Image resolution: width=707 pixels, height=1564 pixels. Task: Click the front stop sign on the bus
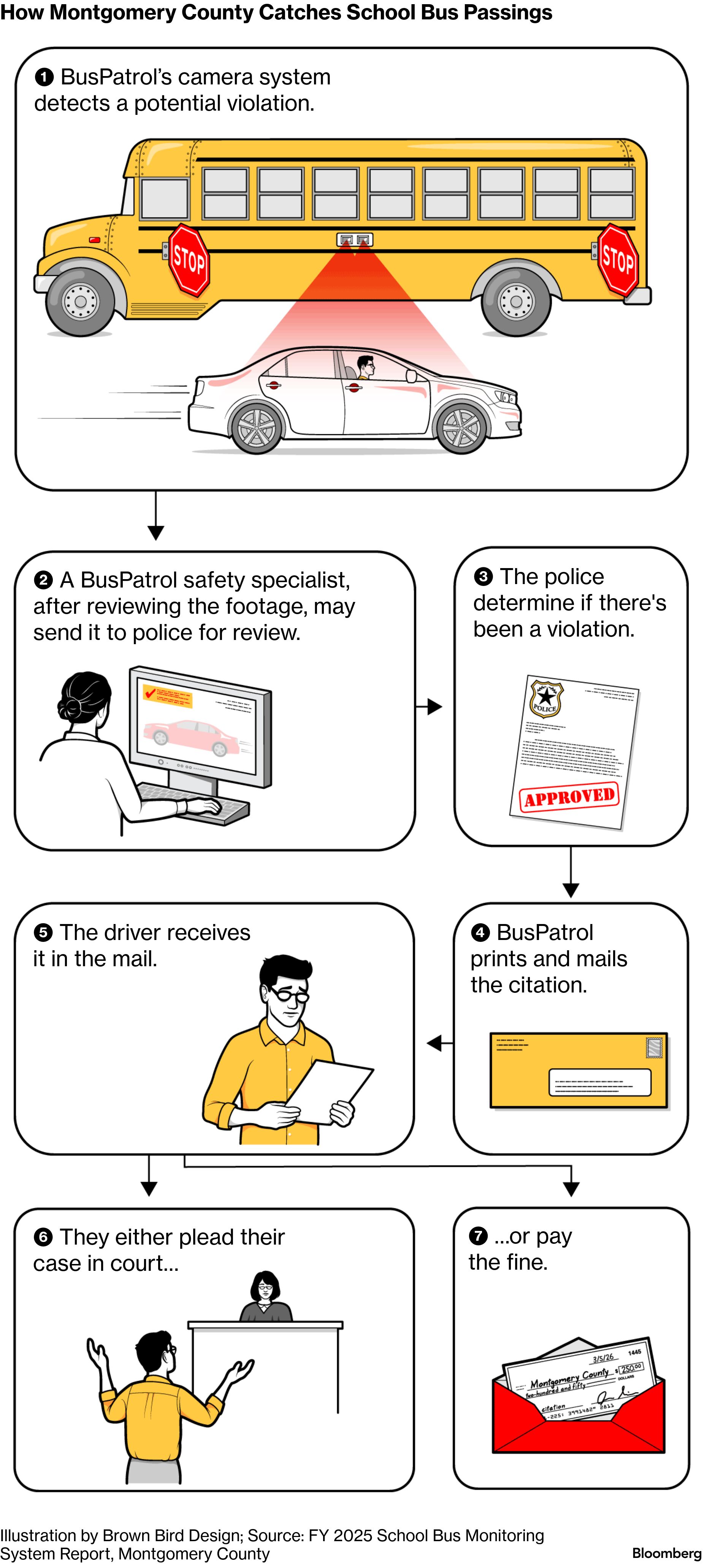189,260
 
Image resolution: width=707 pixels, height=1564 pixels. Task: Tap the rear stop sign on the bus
618,260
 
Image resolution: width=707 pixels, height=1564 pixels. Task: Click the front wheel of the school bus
80,300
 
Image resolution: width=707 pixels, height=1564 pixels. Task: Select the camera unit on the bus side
354,240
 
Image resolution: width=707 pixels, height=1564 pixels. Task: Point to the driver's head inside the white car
365,365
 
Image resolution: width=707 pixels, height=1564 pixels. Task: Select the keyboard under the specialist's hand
193,803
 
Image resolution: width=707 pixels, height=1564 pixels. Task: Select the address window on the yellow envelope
599,1083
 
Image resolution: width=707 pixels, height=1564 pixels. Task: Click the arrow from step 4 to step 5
438,1044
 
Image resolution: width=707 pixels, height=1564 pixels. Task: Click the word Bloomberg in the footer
666,1553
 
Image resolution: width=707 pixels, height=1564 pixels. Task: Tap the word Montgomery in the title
112,12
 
